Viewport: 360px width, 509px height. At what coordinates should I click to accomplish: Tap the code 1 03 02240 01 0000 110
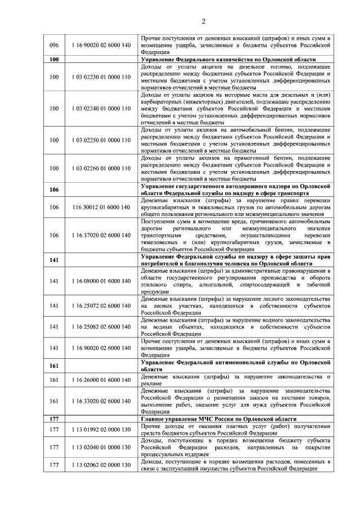[x=101, y=107]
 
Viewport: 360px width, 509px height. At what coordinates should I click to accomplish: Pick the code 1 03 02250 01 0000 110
[x=101, y=139]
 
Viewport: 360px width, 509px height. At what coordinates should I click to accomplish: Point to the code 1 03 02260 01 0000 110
[x=101, y=168]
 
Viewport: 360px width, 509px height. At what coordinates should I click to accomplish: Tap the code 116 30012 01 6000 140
[x=101, y=207]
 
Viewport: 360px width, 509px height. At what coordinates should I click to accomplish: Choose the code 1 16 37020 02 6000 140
[x=101, y=235]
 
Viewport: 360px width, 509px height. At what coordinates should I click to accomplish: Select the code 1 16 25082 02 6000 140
[x=101, y=326]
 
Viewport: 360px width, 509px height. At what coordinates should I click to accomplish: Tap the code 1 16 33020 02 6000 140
[x=101, y=400]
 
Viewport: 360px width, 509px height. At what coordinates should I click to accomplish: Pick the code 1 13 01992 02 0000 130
[x=101, y=430]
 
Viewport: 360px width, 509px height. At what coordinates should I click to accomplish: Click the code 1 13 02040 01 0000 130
[x=101, y=447]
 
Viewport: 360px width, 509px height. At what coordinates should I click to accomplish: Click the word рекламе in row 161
[x=151, y=383]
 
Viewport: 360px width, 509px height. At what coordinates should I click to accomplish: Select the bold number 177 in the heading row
[x=54, y=418]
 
